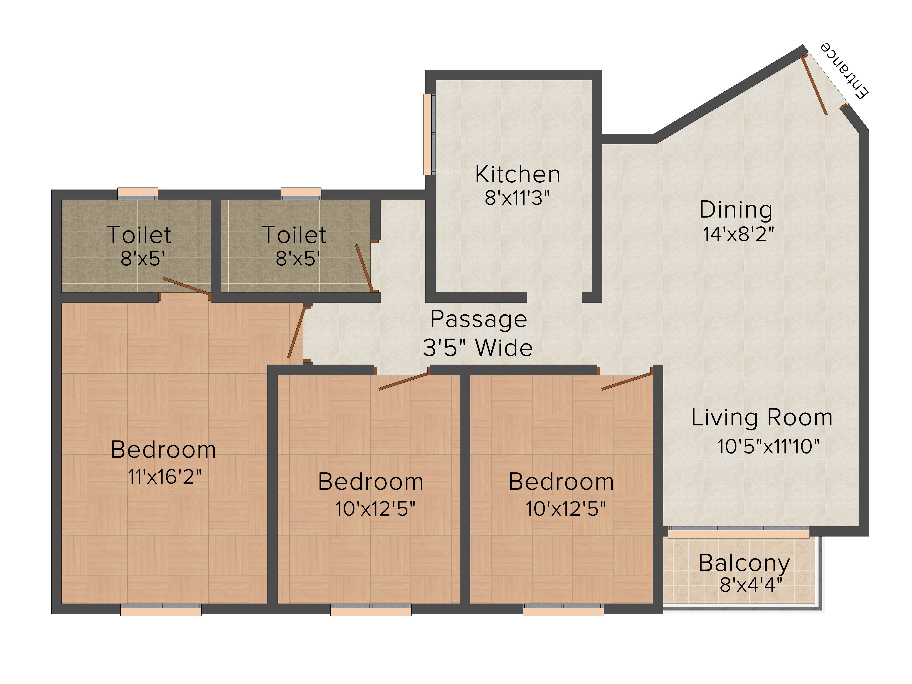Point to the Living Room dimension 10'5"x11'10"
coord(768,446)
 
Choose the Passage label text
coord(479,319)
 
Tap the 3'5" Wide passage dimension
coord(478,347)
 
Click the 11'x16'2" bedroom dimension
coord(165,477)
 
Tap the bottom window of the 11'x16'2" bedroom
coord(161,610)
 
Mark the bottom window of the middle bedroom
coord(371,610)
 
